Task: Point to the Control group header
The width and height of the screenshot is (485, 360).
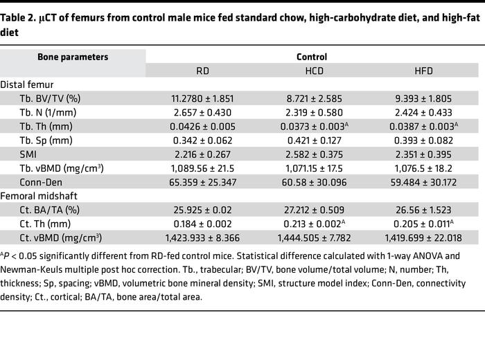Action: (311, 57)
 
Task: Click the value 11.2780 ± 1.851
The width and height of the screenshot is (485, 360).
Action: (207, 98)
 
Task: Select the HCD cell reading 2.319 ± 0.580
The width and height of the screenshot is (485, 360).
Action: (312, 112)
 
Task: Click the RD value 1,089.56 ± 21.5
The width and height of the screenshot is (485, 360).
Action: (207, 168)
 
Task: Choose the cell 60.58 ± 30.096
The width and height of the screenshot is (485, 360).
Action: (312, 182)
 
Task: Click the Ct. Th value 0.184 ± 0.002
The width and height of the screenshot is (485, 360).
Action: (207, 224)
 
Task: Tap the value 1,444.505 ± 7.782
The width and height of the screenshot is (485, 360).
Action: (312, 237)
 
